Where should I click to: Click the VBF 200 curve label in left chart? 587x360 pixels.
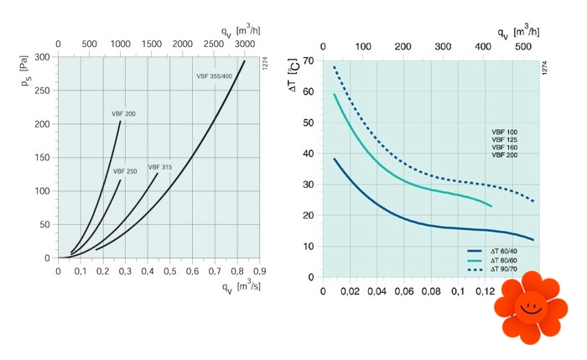pos(124,113)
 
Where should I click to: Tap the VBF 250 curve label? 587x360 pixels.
pos(125,171)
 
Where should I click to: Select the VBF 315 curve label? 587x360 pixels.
pos(160,167)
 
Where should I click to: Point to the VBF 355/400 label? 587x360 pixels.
pos(215,76)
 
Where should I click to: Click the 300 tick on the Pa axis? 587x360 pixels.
pos(42,58)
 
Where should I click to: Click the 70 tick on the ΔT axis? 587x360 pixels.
pos(308,61)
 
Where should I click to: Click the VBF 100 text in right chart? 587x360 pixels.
pos(505,133)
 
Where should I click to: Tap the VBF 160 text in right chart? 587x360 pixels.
pos(505,148)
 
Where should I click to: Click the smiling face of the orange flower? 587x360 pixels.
pos(529,307)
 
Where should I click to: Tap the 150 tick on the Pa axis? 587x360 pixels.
pos(42,158)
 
